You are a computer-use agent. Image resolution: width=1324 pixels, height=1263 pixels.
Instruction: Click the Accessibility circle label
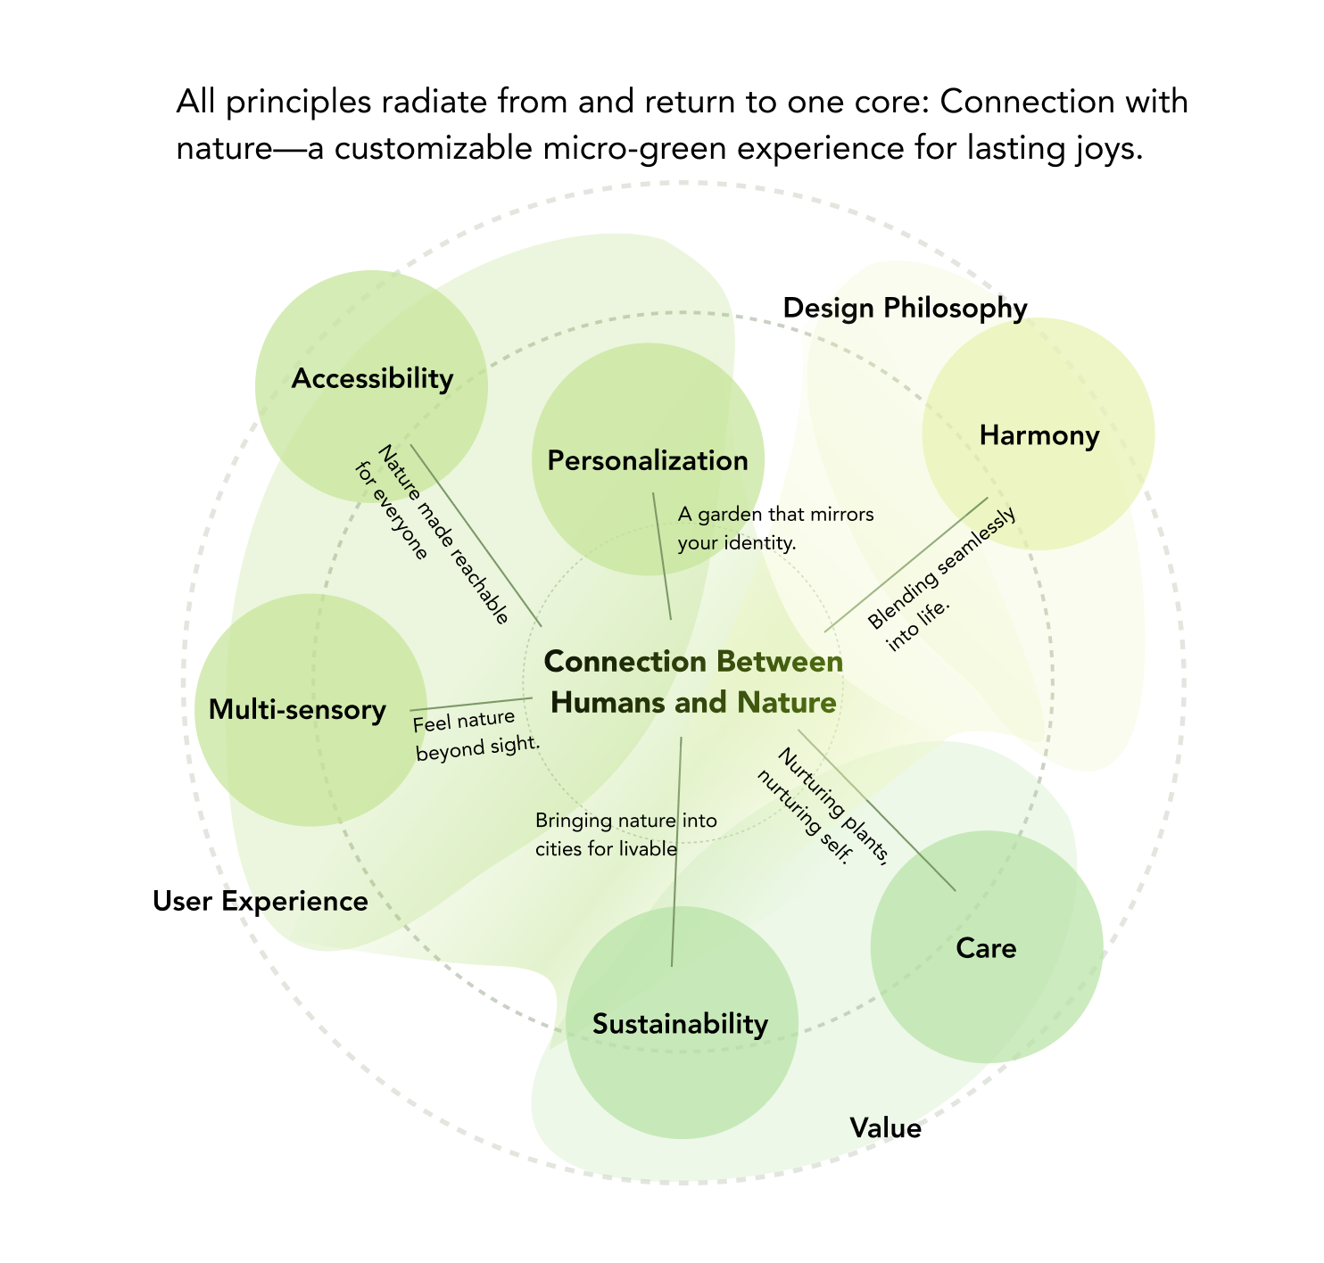(372, 379)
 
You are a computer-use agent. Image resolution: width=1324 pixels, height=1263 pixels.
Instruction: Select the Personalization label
(648, 460)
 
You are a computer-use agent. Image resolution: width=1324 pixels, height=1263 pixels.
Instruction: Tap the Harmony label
(1039, 435)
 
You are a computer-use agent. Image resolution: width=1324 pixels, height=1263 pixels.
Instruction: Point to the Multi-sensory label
(297, 710)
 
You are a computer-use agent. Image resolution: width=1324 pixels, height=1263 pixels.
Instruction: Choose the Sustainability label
(680, 1025)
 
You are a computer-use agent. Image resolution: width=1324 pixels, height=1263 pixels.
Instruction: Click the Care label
(986, 947)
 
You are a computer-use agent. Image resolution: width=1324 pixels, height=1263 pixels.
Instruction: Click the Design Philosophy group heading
(905, 308)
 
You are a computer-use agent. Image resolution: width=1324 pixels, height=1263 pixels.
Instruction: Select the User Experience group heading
(261, 902)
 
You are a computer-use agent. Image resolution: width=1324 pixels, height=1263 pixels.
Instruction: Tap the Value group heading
(885, 1129)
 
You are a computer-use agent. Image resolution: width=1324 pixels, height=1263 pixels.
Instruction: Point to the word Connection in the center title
(625, 663)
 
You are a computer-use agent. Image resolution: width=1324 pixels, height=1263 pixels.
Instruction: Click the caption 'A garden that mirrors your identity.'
(774, 528)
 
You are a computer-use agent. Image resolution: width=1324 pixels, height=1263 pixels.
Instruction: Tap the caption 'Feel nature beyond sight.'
(475, 735)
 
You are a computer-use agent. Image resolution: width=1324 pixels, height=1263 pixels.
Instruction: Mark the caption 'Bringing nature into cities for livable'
(625, 834)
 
